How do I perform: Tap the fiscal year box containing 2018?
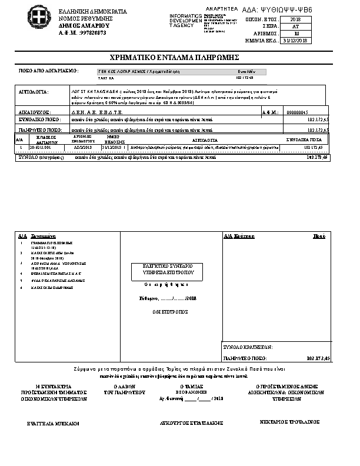(295, 20)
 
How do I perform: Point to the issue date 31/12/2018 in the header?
(295, 41)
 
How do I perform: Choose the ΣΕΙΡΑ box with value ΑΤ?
(295, 27)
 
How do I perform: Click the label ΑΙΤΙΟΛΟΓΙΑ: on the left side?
(34, 92)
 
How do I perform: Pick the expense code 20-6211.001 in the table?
(41, 148)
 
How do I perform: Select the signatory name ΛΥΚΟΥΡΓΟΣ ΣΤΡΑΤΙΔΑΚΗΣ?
(185, 423)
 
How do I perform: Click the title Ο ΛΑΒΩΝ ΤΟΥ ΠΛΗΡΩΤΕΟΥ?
(119, 389)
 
